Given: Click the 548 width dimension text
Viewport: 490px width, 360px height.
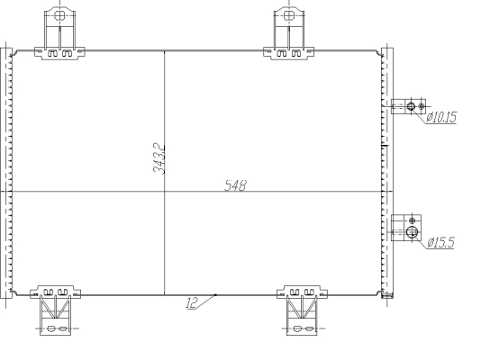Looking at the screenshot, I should coord(236,185).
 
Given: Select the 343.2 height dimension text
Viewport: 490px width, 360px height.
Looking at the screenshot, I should coord(158,158).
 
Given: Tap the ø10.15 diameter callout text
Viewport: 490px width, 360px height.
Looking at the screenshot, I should coord(440,117).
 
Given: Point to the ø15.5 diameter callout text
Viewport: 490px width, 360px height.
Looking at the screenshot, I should coord(440,242).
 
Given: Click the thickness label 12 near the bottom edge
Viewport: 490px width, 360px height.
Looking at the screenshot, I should coord(192,304).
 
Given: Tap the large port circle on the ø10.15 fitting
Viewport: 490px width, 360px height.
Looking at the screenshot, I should coord(412,107).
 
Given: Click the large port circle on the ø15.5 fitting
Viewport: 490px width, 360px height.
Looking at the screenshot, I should coord(412,232).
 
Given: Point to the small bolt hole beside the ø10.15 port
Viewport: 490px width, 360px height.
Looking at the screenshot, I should coord(422,107).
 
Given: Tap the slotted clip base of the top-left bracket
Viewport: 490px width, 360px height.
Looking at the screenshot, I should coord(59,53).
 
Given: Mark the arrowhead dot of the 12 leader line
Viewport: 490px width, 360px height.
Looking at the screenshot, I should coord(216,294).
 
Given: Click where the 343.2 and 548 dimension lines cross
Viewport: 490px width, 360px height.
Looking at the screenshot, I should coord(164,192).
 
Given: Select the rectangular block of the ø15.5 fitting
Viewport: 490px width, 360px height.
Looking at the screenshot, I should coord(404,228).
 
